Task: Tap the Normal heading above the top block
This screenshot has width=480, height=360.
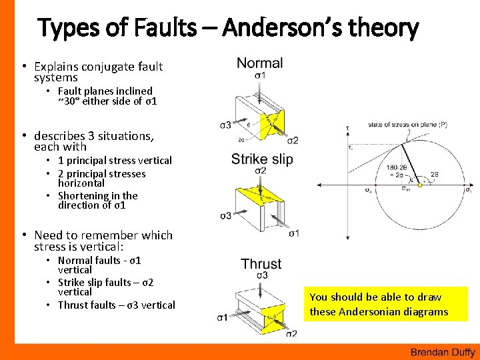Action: [x=259, y=63]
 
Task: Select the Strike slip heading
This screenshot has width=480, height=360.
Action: [x=261, y=159]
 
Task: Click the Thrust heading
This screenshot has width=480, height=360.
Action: [x=261, y=264]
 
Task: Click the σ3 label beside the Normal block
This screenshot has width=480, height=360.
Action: [x=225, y=125]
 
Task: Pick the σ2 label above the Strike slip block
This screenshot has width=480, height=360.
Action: [x=261, y=171]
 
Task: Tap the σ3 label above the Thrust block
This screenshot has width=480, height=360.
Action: [x=261, y=275]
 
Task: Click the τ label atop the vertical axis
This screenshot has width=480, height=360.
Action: [x=347, y=127]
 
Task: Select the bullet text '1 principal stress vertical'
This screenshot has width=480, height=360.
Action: [x=114, y=160]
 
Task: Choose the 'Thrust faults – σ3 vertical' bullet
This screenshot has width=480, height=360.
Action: [x=116, y=305]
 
